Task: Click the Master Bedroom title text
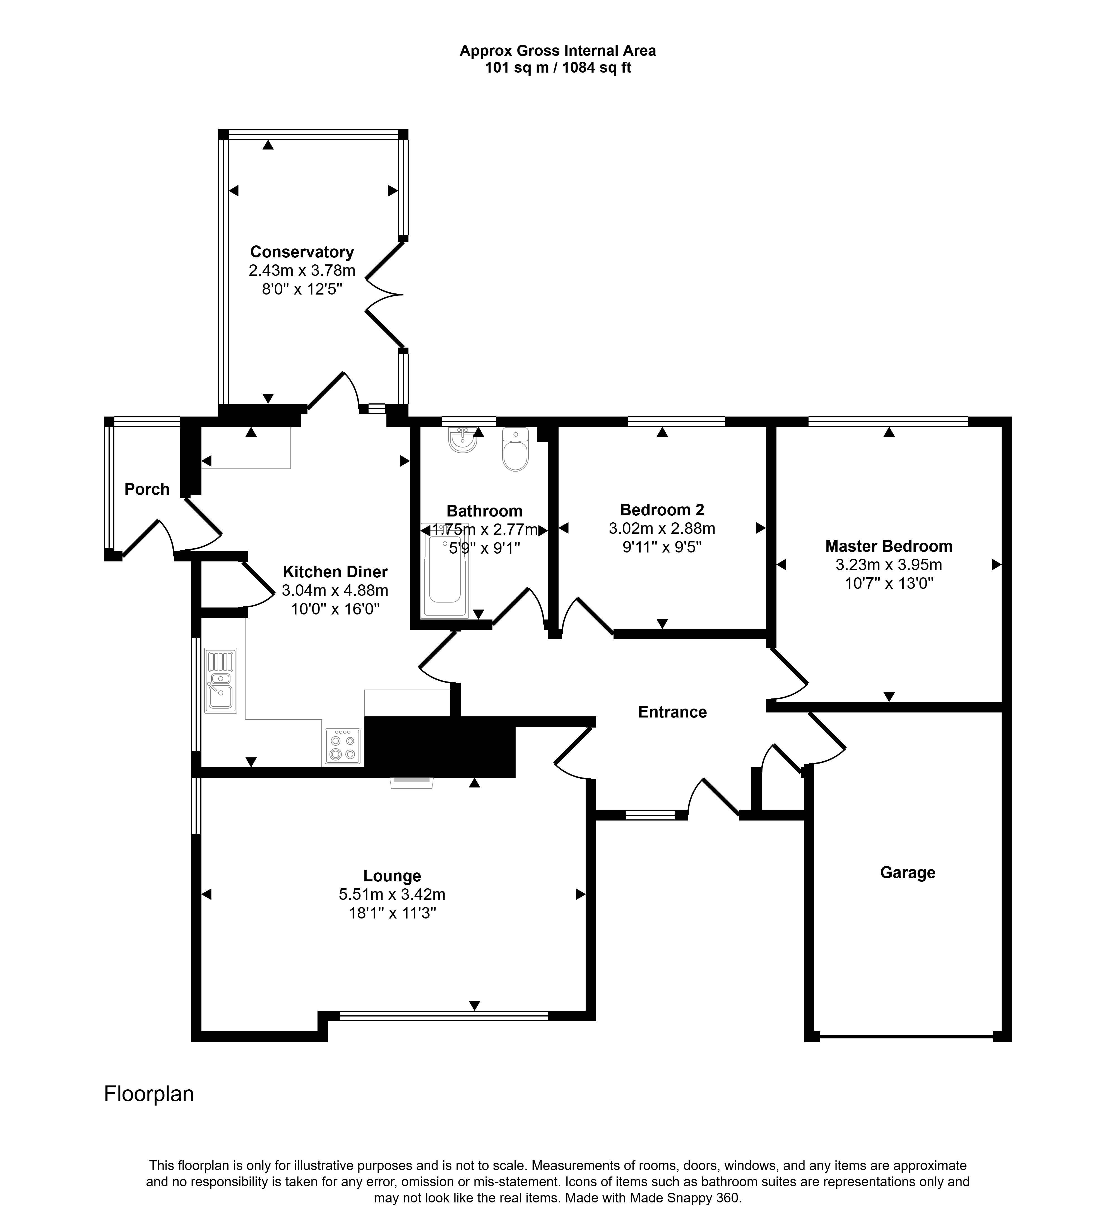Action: pos(889,546)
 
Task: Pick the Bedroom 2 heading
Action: pos(662,510)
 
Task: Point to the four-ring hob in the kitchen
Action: pos(342,746)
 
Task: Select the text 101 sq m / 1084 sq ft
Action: pos(558,68)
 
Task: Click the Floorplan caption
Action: pos(149,1094)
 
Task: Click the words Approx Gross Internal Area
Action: pos(558,51)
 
